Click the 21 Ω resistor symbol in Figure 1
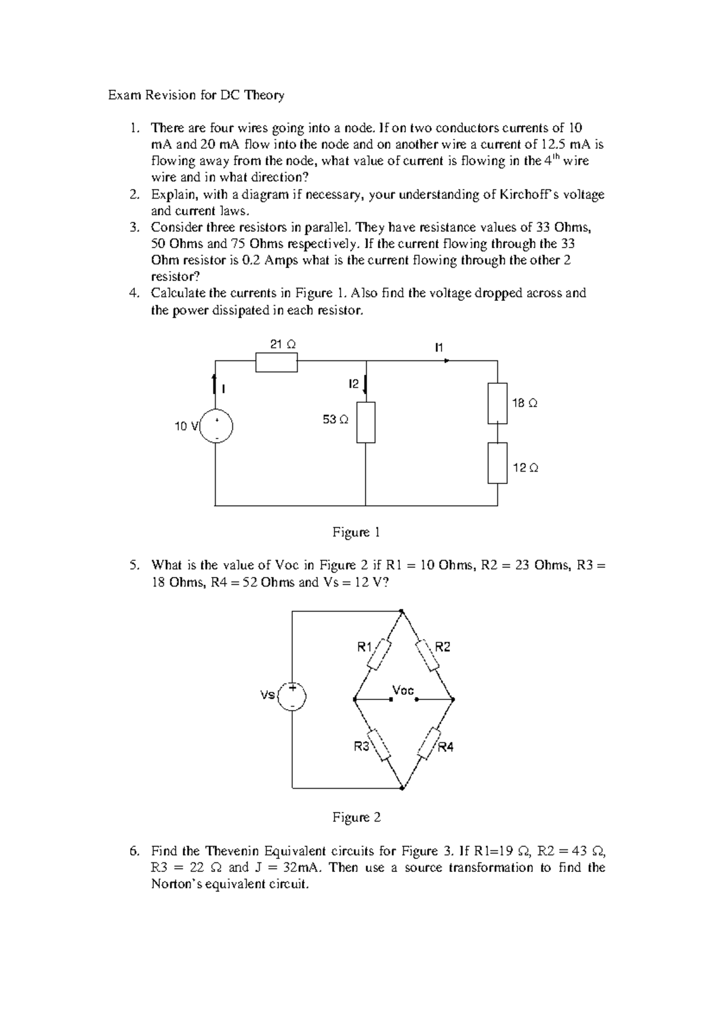(x=276, y=362)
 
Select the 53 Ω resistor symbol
(x=366, y=422)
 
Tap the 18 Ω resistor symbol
(x=498, y=403)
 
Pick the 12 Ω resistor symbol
(x=498, y=463)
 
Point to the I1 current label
(x=439, y=347)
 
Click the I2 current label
(x=354, y=384)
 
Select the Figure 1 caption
(x=356, y=532)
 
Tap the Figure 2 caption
(x=356, y=817)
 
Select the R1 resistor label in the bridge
(x=364, y=647)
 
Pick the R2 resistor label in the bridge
(x=443, y=647)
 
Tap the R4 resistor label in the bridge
(x=446, y=747)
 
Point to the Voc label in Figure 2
(x=403, y=690)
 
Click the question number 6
(x=133, y=851)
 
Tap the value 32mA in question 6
(x=301, y=867)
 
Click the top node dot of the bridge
(x=402, y=611)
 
